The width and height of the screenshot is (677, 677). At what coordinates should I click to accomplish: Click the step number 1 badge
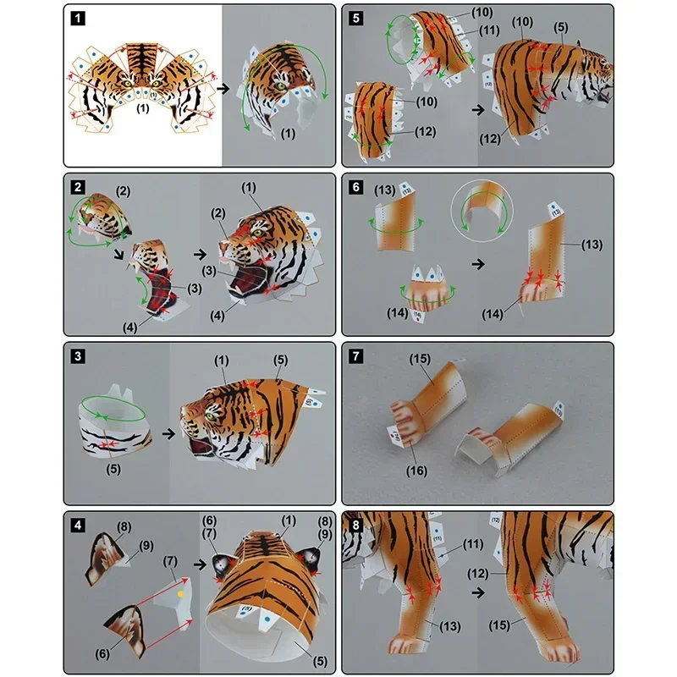(x=76, y=16)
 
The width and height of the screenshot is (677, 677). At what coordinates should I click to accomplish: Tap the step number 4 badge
(x=76, y=524)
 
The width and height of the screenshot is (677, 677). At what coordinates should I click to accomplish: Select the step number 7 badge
(x=354, y=355)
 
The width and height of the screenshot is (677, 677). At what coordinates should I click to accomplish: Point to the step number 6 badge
(x=354, y=186)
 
